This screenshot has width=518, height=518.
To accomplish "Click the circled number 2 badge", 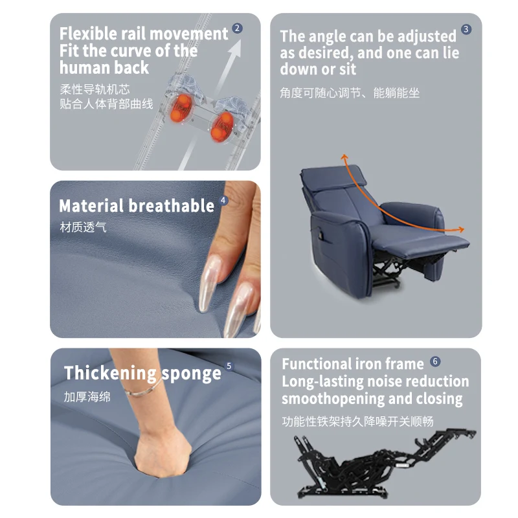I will click(x=237, y=28).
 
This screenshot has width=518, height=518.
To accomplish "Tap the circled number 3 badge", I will click(x=466, y=30).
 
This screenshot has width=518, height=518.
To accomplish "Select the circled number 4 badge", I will click(x=224, y=201).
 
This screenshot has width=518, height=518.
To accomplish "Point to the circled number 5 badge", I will click(x=229, y=366).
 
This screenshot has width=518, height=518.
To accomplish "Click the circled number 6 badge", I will click(x=435, y=361).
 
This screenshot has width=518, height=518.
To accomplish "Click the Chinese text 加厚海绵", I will click(x=87, y=396).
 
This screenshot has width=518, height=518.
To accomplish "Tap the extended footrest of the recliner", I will click(x=440, y=242).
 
